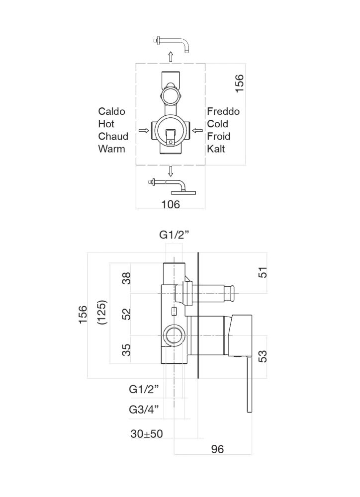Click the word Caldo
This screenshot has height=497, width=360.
tap(111, 111)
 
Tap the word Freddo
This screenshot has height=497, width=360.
tap(223, 111)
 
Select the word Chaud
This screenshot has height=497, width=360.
tap(113, 136)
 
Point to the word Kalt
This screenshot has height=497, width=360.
tap(216, 149)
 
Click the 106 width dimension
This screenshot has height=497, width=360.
tap(171, 203)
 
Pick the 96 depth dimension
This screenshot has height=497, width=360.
tap(217, 449)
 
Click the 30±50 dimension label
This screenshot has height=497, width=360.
tap(147, 434)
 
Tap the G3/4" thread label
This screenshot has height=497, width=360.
tap(143, 410)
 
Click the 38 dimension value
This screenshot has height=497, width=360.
tap(127, 279)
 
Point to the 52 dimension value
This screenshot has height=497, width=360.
tap(127, 314)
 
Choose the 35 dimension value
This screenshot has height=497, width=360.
tap(127, 350)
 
